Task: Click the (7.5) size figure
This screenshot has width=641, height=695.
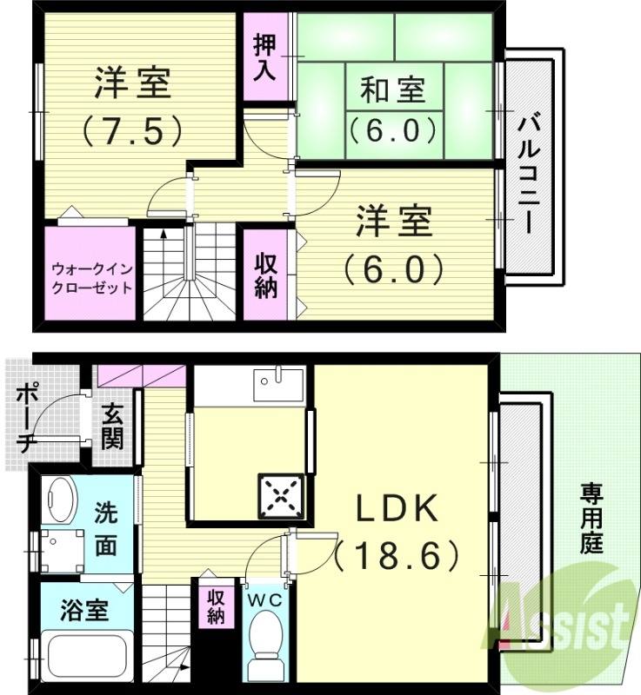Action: pyautogui.click(x=132, y=131)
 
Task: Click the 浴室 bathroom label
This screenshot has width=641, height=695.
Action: pyautogui.click(x=85, y=611)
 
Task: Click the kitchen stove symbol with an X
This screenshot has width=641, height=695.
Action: pyautogui.click(x=280, y=498)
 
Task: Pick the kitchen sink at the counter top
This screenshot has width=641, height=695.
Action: pyautogui.click(x=278, y=381)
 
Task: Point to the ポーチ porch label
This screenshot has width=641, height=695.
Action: pyautogui.click(x=24, y=416)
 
